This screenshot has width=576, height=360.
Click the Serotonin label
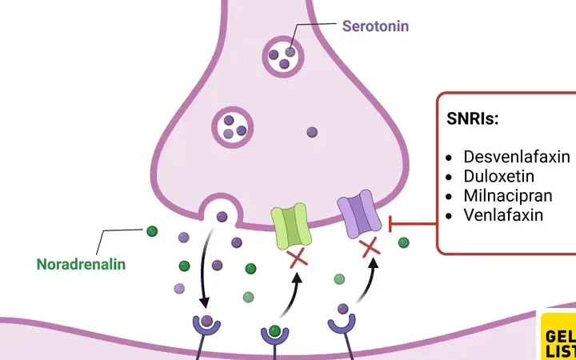coord(375,26)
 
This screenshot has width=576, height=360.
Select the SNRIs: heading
coord(473,118)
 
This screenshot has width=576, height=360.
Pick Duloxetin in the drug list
coord(498,176)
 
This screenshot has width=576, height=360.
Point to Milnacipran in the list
coord(507,195)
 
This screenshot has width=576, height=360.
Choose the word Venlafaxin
coord(503,214)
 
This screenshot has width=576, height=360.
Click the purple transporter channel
coord(358,215)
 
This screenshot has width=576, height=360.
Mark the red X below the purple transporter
coord(370,248)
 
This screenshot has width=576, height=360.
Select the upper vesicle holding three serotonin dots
coord(284,54)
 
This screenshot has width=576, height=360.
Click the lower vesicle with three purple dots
coord(230,126)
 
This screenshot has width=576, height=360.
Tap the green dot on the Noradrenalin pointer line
coord(150,232)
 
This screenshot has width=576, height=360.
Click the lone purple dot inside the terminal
coord(312,132)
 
